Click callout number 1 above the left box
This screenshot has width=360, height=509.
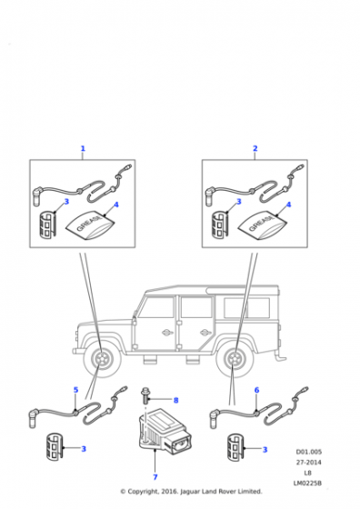pyautogui.click(x=83, y=149)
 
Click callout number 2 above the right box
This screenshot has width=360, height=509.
pyautogui.click(x=255, y=148)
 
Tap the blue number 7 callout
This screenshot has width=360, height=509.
pyautogui.click(x=155, y=477)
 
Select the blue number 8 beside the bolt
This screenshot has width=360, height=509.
pyautogui.click(x=176, y=400)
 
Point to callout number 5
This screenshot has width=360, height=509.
pyautogui.click(x=75, y=390)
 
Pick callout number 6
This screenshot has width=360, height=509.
pyautogui.click(x=256, y=390)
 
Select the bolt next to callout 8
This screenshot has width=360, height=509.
pyautogui.click(x=145, y=395)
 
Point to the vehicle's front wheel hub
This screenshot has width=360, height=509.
pyautogui.click(x=100, y=359)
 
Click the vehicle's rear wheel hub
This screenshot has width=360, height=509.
pyautogui.click(x=235, y=359)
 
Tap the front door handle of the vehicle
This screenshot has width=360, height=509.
pyautogui.click(x=168, y=332)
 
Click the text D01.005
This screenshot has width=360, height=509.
pyautogui.click(x=309, y=452)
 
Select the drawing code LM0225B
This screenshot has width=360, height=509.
pyautogui.click(x=308, y=483)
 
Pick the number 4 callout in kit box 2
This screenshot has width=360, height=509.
pyautogui.click(x=288, y=205)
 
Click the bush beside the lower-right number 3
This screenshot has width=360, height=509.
pyautogui.click(x=235, y=447)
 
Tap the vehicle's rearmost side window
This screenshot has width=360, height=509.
pyautogui.click(x=246, y=308)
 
